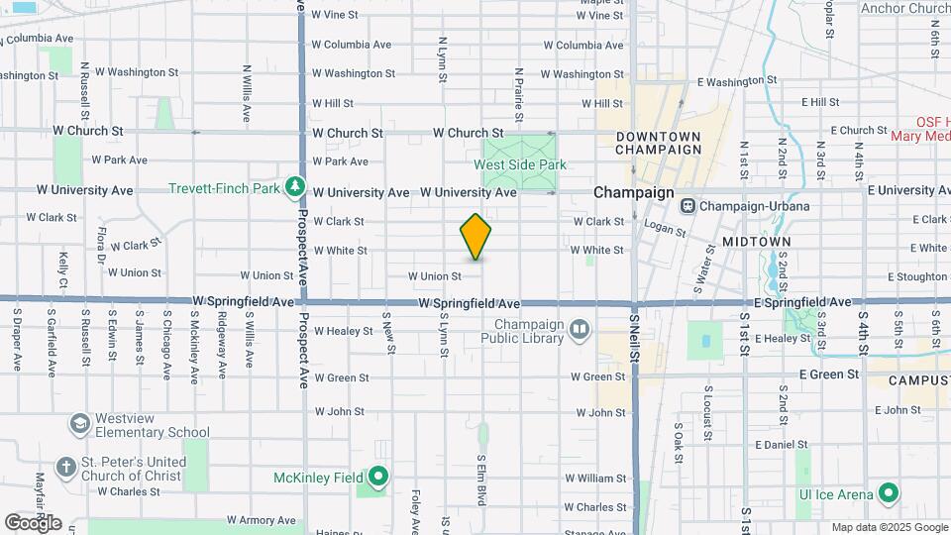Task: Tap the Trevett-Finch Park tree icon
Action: (293, 187)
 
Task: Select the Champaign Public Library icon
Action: (579, 329)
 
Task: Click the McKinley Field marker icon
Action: (376, 479)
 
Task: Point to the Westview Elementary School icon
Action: (78, 424)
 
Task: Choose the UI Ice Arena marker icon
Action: (889, 493)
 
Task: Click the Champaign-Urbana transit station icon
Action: (687, 206)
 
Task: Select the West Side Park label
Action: (520, 165)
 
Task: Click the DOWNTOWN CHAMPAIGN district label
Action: (657, 143)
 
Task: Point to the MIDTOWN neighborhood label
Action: (756, 242)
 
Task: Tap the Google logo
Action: (33, 522)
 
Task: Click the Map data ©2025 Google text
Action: (889, 527)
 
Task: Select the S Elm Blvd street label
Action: (480, 480)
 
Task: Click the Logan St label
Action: (665, 230)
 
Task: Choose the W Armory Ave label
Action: (262, 520)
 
